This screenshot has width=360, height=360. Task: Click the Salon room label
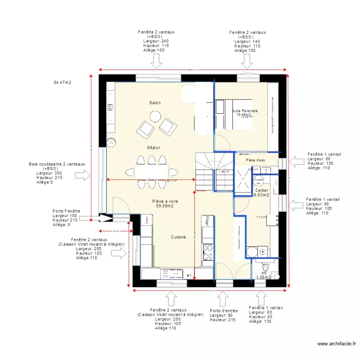pyautogui.click(x=155, y=103)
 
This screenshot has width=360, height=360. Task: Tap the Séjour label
pyautogui.click(x=154, y=147)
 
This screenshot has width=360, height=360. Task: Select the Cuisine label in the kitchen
pyautogui.click(x=179, y=237)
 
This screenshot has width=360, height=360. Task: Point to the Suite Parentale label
pyautogui.click(x=245, y=111)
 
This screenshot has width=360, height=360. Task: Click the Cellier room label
pyautogui.click(x=261, y=191)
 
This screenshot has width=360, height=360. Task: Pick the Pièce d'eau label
pyautogui.click(x=255, y=160)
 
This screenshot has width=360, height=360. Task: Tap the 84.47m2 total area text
pyautogui.click(x=62, y=83)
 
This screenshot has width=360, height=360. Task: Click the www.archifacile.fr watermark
pyautogui.click(x=336, y=343)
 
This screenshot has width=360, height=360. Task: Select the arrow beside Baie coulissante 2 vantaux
pyautogui.click(x=83, y=176)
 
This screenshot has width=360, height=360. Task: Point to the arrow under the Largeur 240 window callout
pyautogui.click(x=156, y=61)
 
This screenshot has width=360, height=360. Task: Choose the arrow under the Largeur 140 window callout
pyautogui.click(x=247, y=61)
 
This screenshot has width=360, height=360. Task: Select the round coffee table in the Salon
pyautogui.click(x=155, y=117)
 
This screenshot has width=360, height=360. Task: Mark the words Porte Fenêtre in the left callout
pyautogui.click(x=66, y=211)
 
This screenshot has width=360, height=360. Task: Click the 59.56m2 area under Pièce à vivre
pyautogui.click(x=165, y=207)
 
